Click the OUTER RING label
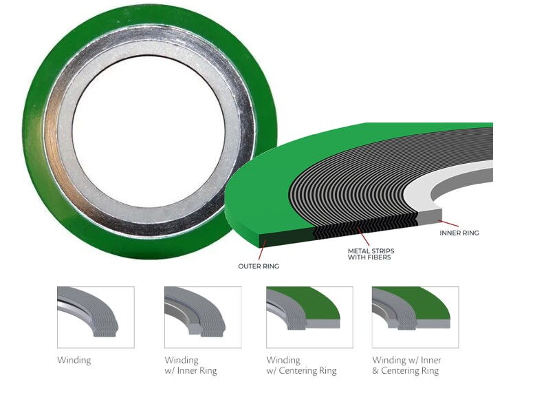258,266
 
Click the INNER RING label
459,233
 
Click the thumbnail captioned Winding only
95,317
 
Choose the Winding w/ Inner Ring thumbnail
202,317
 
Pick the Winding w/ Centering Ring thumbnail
309,317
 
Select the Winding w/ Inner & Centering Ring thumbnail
415,317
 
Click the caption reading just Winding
74,360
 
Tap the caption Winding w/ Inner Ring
190,365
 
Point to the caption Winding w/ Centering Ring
301,365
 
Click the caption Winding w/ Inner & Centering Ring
406,365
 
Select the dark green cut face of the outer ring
285,239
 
